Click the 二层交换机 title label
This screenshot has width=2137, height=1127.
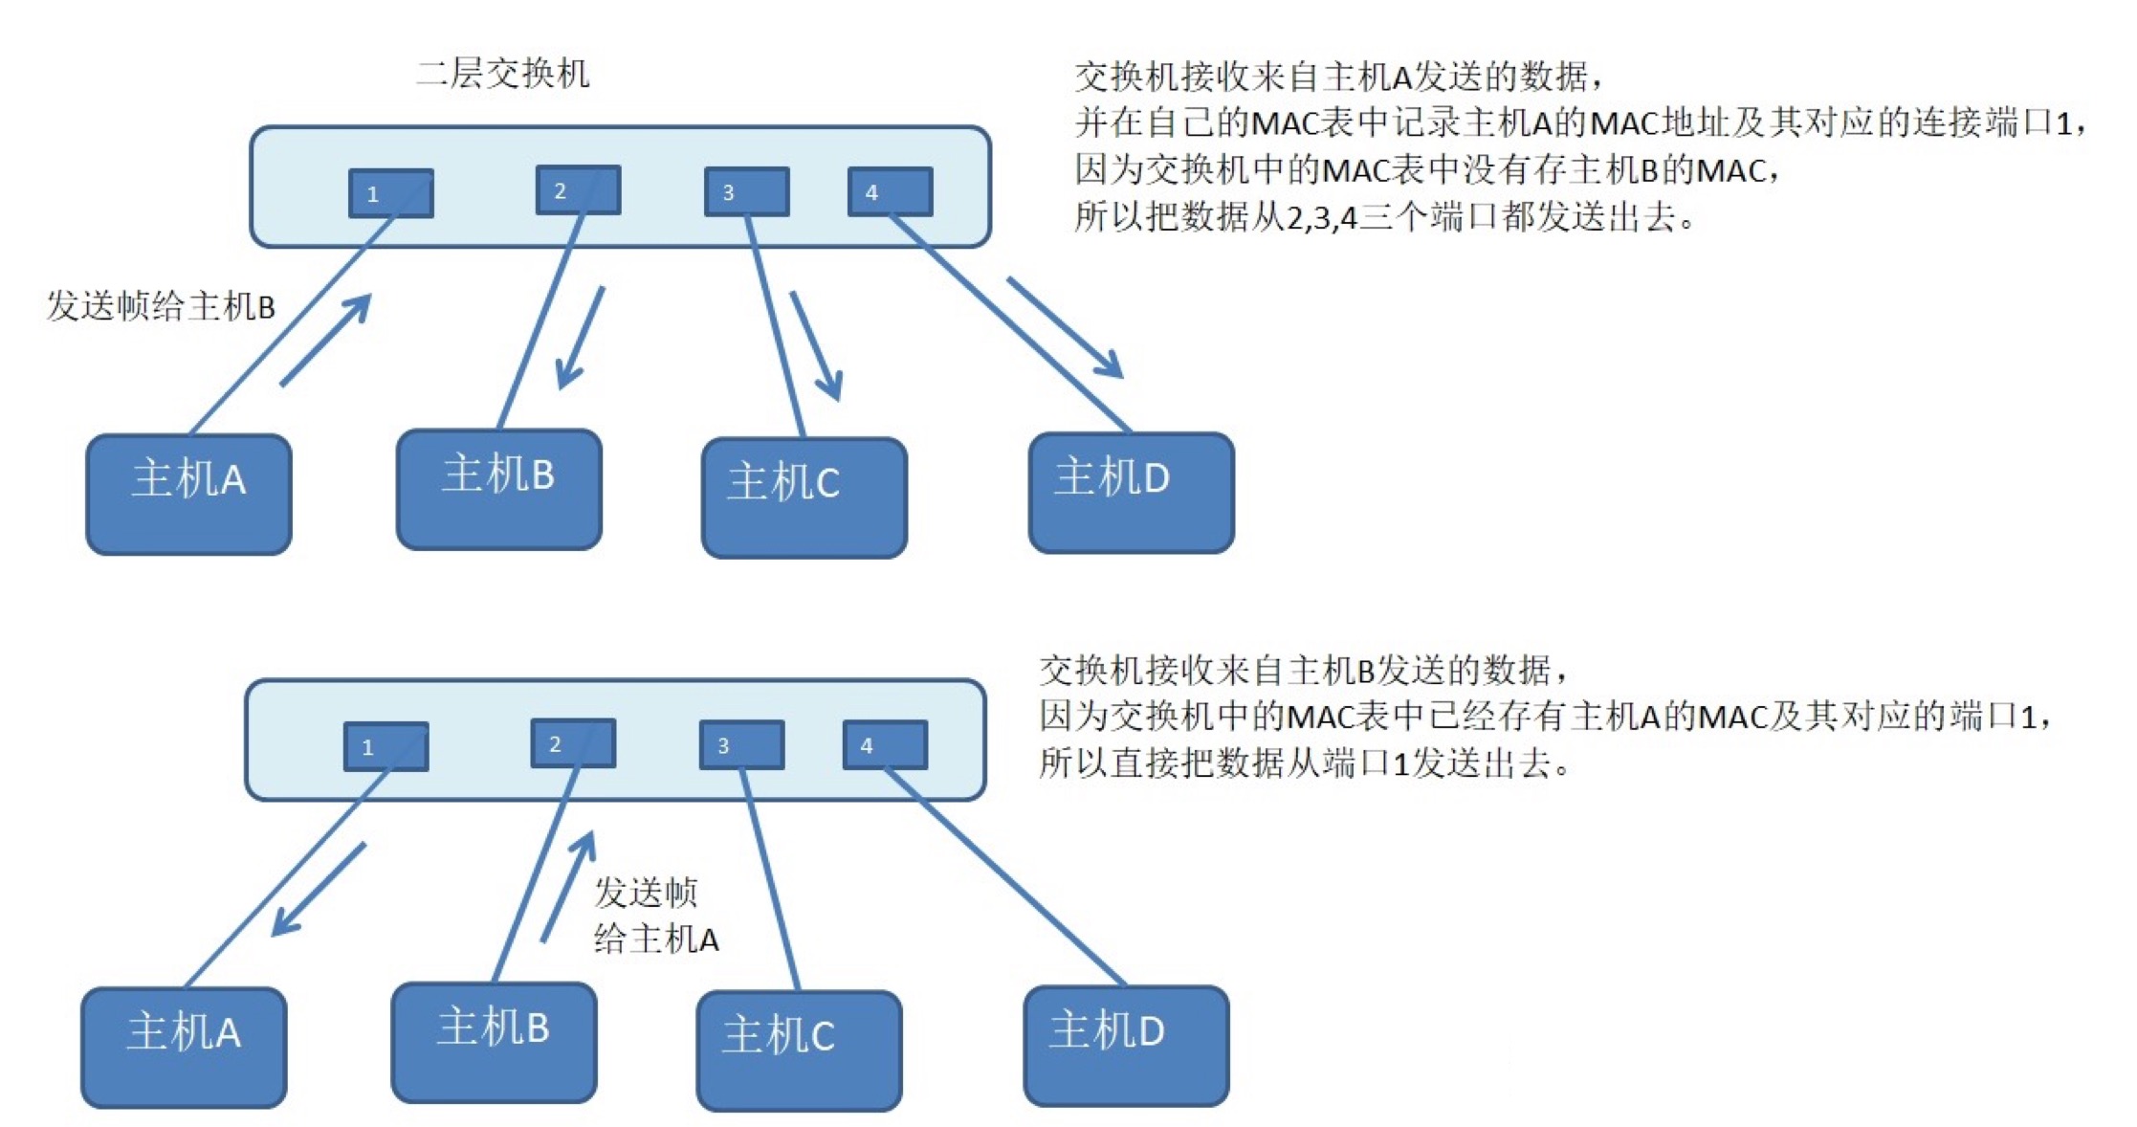[x=503, y=74]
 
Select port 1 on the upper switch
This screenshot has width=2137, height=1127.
[x=390, y=193]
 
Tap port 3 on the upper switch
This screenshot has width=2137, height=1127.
[x=746, y=191]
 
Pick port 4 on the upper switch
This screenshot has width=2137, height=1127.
[x=890, y=191]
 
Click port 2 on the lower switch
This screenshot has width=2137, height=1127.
[x=573, y=743]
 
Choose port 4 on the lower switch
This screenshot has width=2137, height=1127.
[x=885, y=744]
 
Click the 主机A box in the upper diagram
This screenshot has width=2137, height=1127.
[x=188, y=494]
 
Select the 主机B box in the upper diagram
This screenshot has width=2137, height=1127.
[x=498, y=489]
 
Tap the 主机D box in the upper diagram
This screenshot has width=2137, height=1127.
[x=1131, y=493]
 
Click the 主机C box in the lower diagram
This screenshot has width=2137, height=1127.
[x=799, y=1050]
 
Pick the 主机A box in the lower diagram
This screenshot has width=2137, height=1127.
[x=184, y=1047]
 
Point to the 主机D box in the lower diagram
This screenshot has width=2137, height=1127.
[x=1126, y=1045]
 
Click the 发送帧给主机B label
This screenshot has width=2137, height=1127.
[x=161, y=306]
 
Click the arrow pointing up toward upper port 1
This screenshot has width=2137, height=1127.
[x=325, y=340]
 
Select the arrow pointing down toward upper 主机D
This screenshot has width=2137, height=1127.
[x=1065, y=328]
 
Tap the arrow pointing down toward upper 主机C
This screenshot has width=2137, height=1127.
[x=816, y=345]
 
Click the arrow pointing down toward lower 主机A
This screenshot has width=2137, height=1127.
[x=318, y=889]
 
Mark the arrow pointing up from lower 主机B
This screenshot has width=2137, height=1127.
[x=569, y=886]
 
